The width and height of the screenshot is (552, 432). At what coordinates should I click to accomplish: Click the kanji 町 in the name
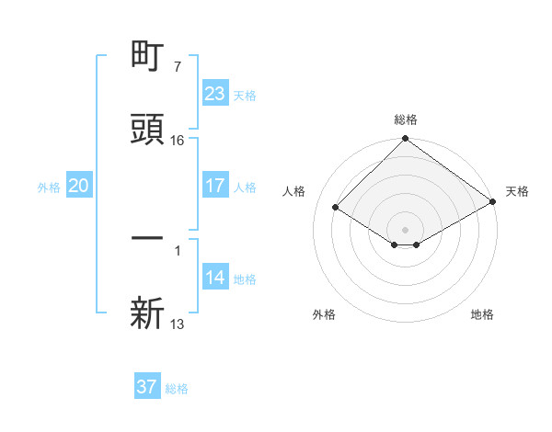[x=147, y=57]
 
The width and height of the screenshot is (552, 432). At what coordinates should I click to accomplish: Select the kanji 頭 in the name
[x=147, y=130]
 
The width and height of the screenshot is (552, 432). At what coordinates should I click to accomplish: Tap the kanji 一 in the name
[x=147, y=238]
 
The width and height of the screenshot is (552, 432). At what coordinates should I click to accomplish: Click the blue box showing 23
[x=215, y=94]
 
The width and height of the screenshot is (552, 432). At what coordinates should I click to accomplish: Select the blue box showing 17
[x=215, y=186]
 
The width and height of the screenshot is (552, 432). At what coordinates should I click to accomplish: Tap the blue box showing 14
[x=215, y=278]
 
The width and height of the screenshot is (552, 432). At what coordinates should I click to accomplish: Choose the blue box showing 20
[x=79, y=186]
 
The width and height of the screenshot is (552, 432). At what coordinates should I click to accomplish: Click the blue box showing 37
[x=147, y=387]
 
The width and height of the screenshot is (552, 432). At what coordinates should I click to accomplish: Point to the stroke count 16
[x=178, y=141]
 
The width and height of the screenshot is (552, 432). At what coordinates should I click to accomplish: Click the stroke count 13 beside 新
[x=178, y=324]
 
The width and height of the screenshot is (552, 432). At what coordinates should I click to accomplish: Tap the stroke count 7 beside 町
[x=177, y=67]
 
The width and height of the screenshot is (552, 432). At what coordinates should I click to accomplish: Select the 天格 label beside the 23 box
[x=245, y=95]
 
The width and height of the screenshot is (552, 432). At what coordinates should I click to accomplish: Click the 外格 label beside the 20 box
[x=49, y=187]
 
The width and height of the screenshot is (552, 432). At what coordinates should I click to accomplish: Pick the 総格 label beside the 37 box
[x=177, y=388]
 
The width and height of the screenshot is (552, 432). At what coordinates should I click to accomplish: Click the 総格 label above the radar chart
[x=406, y=119]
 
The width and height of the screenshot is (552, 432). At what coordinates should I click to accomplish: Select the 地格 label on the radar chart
[x=482, y=314]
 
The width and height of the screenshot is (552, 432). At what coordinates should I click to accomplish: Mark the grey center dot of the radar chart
[x=406, y=229]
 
